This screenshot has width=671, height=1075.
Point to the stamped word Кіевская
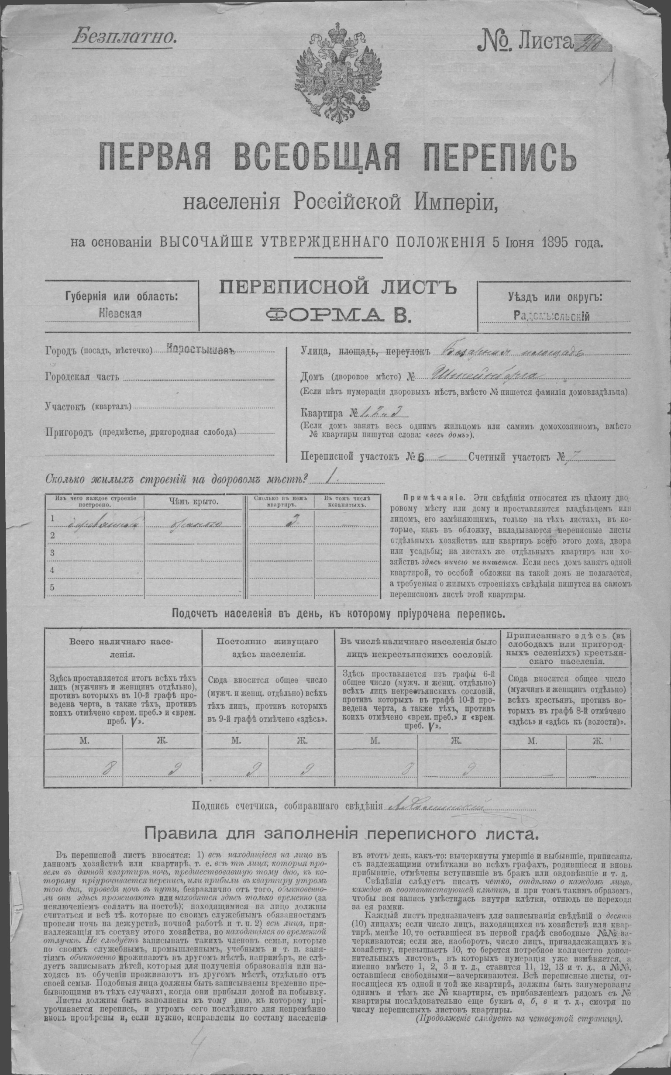click(120, 314)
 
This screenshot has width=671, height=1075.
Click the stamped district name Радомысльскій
click(552, 316)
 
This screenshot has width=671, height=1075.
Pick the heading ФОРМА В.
click(339, 315)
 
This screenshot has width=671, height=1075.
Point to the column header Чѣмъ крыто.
click(195, 502)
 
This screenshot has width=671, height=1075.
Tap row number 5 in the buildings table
click(52, 587)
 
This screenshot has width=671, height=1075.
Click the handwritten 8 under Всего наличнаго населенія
click(107, 769)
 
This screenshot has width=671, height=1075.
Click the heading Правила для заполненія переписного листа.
click(341, 834)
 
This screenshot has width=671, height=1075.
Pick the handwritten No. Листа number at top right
click(592, 44)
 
